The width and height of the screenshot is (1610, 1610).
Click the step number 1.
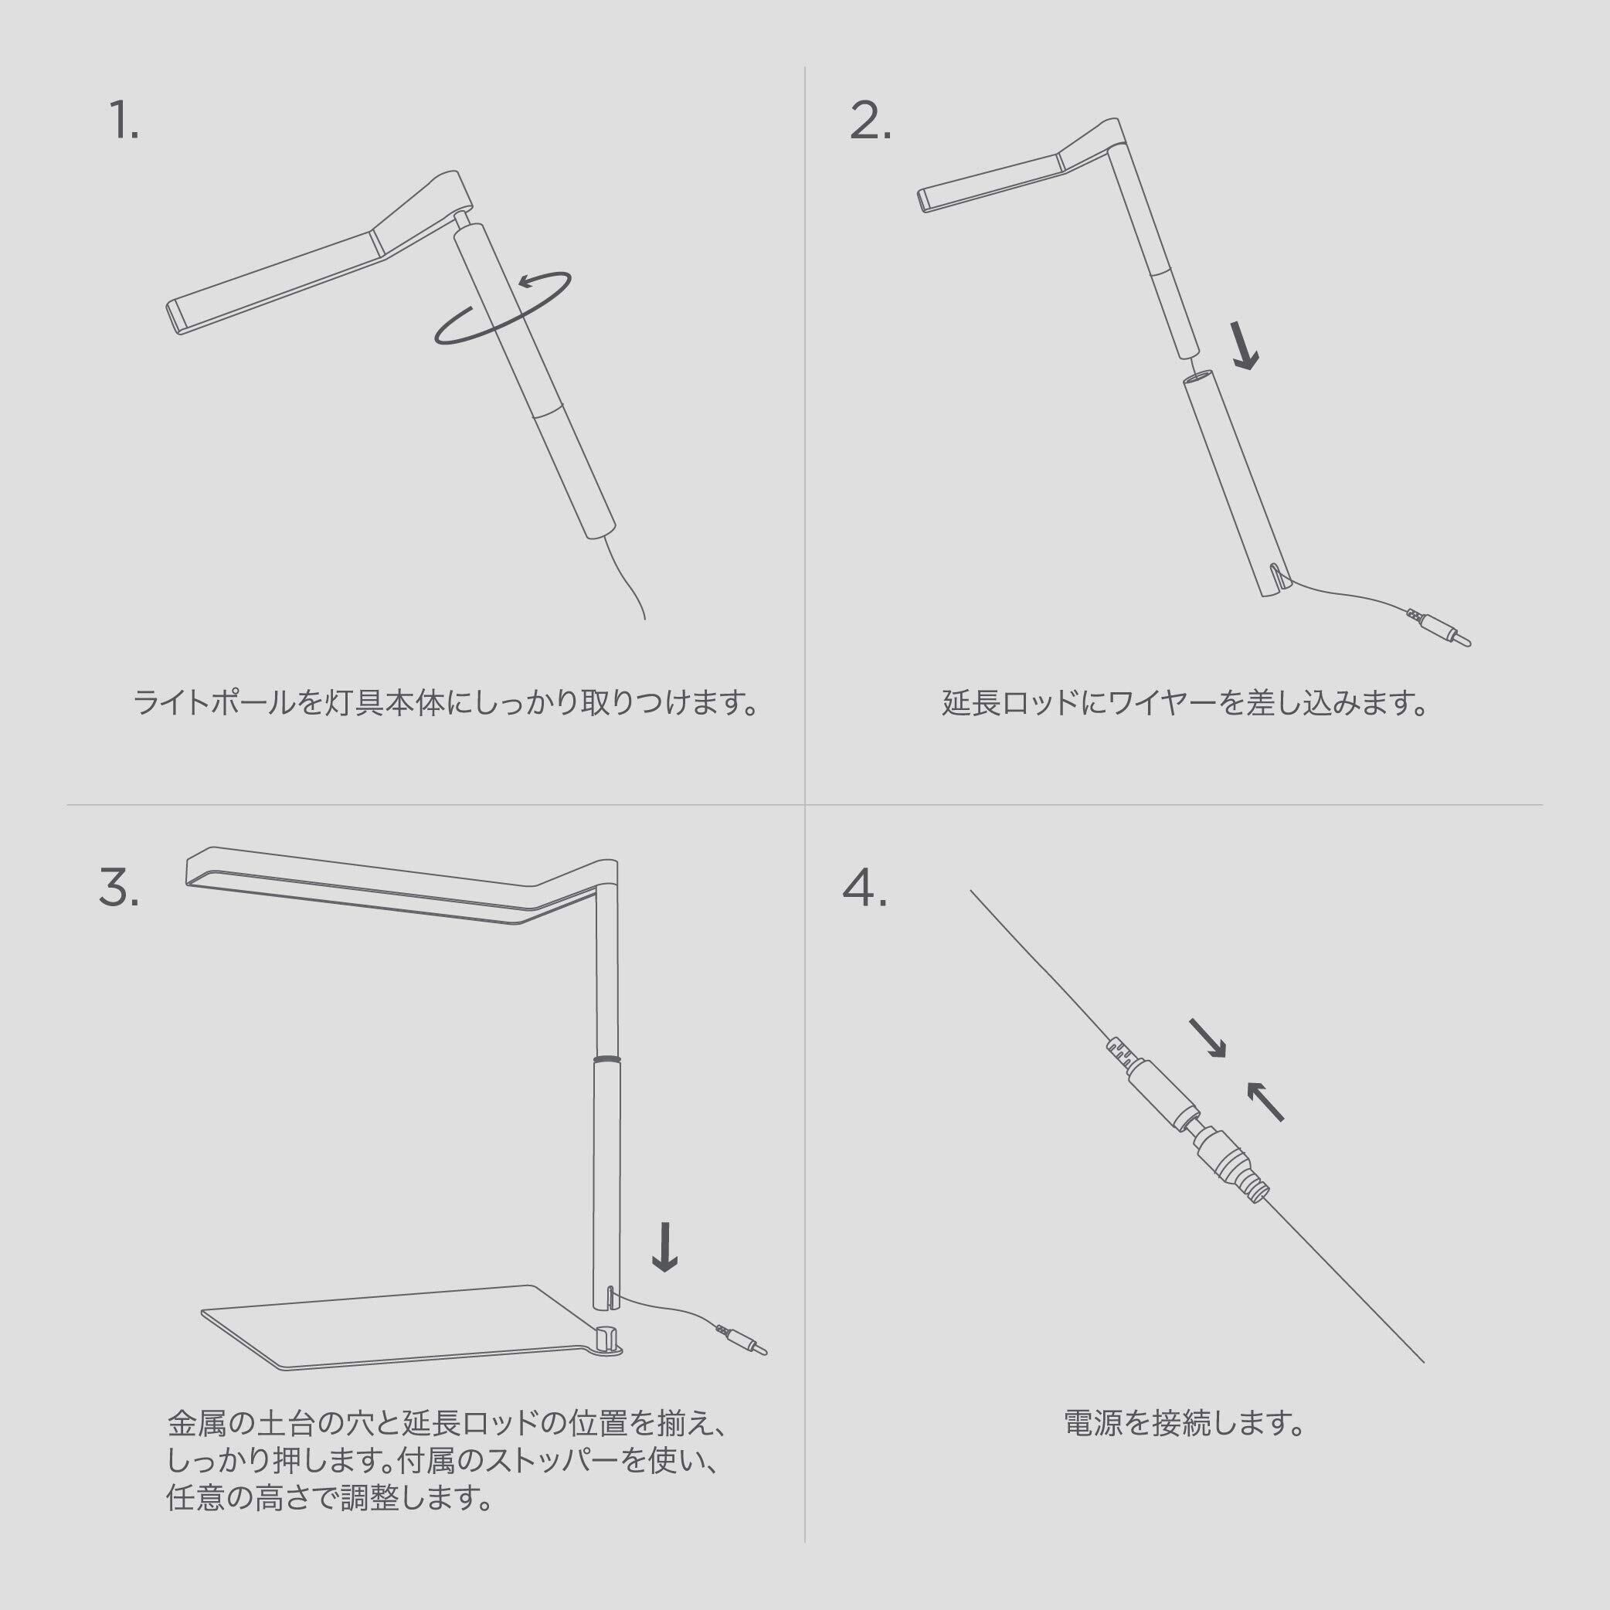pyautogui.click(x=124, y=121)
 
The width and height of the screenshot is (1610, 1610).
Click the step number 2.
pyautogui.click(x=870, y=121)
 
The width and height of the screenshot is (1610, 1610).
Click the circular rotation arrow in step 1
pyautogui.click(x=502, y=307)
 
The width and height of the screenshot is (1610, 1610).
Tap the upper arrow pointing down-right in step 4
pyautogui.click(x=1207, y=1038)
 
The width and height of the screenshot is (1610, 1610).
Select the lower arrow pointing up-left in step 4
pyautogui.click(x=1265, y=1101)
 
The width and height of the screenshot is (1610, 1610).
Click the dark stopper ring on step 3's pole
pyautogui.click(x=606, y=1058)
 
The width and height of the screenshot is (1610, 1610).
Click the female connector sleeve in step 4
pyautogui.click(x=1158, y=1089)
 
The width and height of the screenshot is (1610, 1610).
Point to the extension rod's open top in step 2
pyautogui.click(x=1198, y=380)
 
